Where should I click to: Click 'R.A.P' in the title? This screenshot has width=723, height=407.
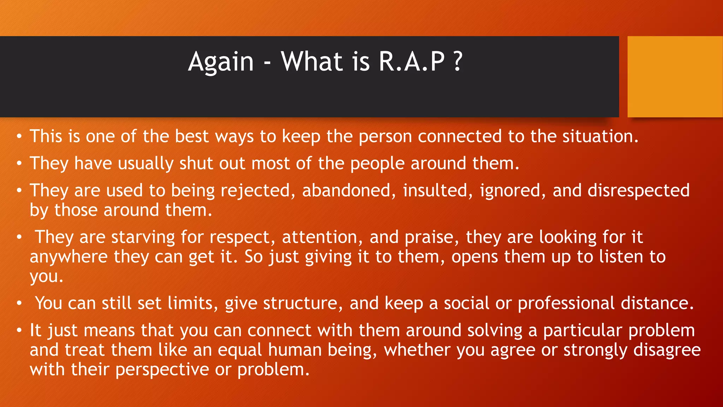coord(412,62)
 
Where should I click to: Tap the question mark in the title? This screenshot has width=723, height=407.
coord(458,62)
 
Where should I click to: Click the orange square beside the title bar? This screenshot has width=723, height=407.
coord(675,77)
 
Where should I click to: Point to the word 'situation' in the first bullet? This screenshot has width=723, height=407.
coord(600,136)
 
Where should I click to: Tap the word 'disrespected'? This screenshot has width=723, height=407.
coord(639,190)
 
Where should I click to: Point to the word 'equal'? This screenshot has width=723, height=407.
coord(240,350)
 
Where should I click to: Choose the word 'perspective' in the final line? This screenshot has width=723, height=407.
coord(162,370)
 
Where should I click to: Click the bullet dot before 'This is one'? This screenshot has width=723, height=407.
coord(19,137)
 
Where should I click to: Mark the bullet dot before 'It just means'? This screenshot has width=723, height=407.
coord(19,331)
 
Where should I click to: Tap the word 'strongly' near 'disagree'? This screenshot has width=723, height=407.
coord(595,350)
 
